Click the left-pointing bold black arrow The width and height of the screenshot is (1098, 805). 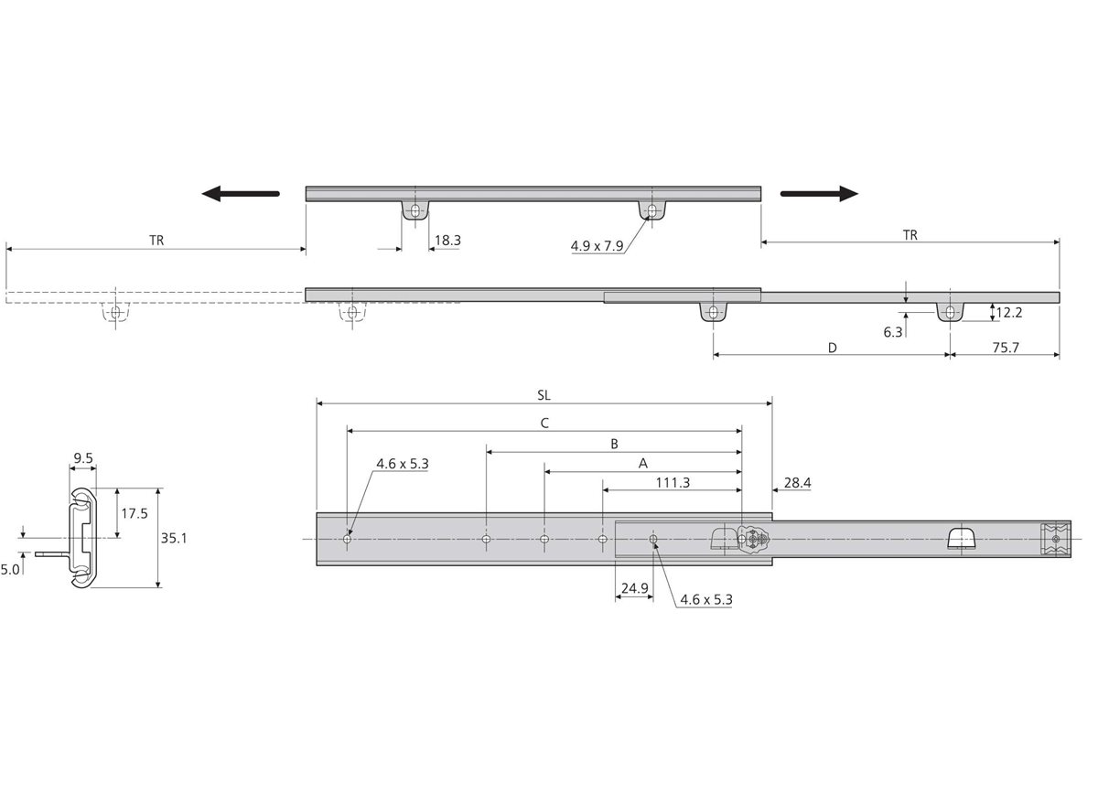(x=241, y=194)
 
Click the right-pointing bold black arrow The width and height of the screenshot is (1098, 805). (x=819, y=194)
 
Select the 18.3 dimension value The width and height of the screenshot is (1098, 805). (x=447, y=241)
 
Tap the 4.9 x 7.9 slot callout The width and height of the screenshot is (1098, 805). (x=597, y=246)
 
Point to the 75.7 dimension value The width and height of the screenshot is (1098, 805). (x=1006, y=348)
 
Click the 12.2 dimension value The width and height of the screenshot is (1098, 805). (x=1008, y=313)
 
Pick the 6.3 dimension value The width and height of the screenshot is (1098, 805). (x=893, y=333)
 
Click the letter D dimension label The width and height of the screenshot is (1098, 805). (x=833, y=348)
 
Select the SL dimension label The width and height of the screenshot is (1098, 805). (x=544, y=395)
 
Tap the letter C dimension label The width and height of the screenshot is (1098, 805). (x=544, y=424)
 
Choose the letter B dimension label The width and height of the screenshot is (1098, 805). (x=614, y=444)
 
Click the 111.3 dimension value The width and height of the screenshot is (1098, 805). (x=673, y=483)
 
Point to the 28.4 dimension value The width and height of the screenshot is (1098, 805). (x=798, y=483)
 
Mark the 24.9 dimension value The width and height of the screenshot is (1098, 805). (x=635, y=588)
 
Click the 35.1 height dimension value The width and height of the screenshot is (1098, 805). (x=174, y=539)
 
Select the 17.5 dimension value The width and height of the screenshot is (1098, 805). (x=135, y=514)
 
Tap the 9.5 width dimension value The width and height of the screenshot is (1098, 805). (x=83, y=458)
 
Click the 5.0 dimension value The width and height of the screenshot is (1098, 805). (x=10, y=570)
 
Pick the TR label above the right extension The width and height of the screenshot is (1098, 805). (x=910, y=236)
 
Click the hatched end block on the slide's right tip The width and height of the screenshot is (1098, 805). (x=1055, y=539)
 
